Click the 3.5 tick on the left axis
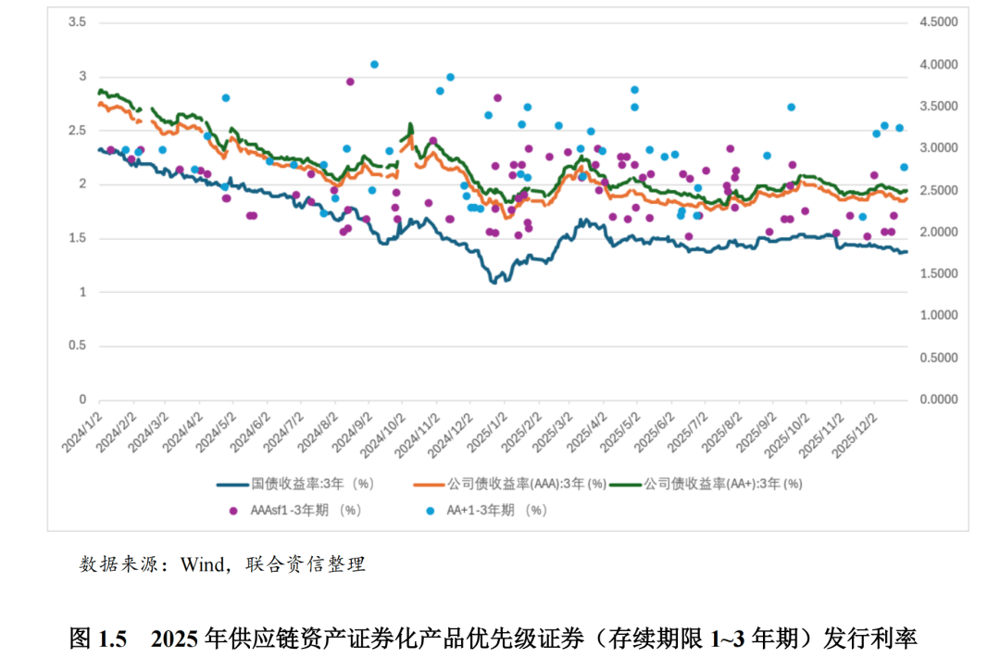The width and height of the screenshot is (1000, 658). point(78,22)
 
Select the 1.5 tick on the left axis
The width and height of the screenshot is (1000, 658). point(78,238)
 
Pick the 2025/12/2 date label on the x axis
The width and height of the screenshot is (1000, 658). point(859,432)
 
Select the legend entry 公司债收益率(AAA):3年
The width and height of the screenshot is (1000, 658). point(526,484)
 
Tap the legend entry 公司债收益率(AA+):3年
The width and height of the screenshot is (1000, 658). point(723,484)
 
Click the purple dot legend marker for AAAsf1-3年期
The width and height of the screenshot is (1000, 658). point(233,510)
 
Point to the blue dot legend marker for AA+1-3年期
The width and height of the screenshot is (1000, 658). point(430,510)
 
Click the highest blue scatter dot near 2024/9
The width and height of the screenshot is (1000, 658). point(374,65)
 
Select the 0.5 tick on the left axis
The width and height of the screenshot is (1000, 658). point(78,346)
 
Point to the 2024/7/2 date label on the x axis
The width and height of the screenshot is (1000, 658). point(285,432)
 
